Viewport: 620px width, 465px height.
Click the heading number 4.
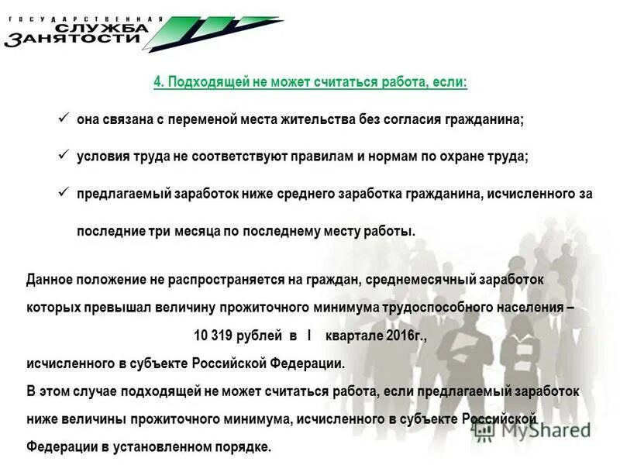(158, 82)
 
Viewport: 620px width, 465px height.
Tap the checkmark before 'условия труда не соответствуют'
(64, 155)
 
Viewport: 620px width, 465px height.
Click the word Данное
(49, 277)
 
